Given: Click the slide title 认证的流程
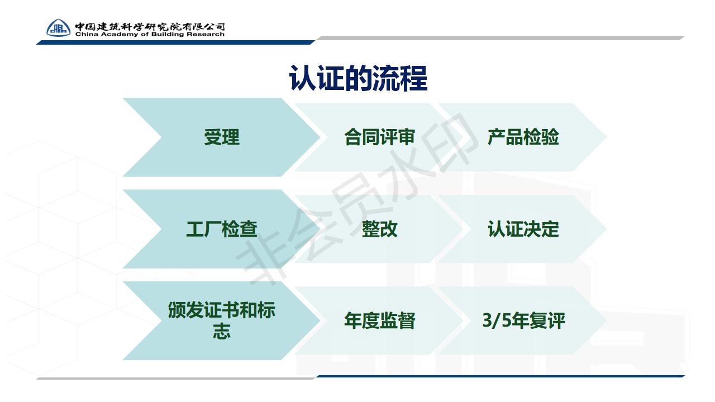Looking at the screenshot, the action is coord(358,79).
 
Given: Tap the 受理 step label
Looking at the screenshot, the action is coord(222,137).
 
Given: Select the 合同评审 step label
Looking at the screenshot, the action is coord(379,137).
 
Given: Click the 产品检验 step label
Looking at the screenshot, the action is coord(523,137).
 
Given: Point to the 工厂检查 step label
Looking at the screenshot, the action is coord(222,229).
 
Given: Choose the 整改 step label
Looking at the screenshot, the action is coord(379,229).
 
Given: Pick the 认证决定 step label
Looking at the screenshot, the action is coord(523,229).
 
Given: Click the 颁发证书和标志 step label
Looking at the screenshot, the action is coord(222,320).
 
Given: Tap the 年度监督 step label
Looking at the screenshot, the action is coord(379,320).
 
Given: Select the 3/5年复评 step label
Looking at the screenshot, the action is coord(523,320).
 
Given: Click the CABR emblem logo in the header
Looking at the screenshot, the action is coord(59,28).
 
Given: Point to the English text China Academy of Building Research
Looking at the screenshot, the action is coord(150,34).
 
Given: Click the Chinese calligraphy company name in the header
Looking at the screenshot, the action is coord(150,26).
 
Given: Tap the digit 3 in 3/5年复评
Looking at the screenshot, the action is coord(487,320).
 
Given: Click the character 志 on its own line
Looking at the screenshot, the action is coord(222,331).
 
